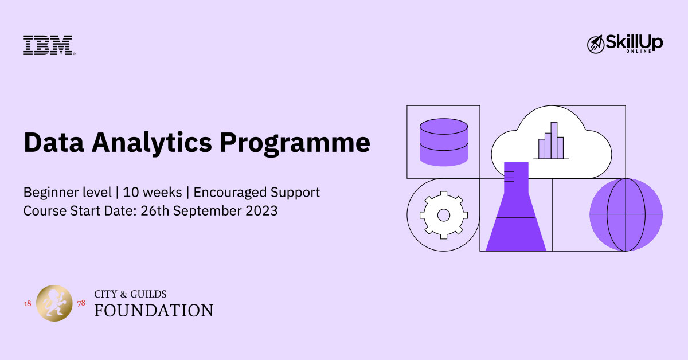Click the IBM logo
coord(49,45)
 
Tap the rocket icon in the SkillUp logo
coord(595,44)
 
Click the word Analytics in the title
coord(152,143)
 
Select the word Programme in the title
coord(295,143)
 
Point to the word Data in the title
coord(54,143)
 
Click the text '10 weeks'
coord(153,193)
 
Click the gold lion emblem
coord(54,303)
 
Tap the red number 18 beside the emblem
coord(28,304)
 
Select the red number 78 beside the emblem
coord(81,303)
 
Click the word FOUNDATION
coord(154,311)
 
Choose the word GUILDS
coord(148,294)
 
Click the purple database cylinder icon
coord(444,142)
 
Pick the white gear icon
coord(444,215)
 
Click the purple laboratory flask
coord(516,207)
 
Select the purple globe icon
coord(626,215)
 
